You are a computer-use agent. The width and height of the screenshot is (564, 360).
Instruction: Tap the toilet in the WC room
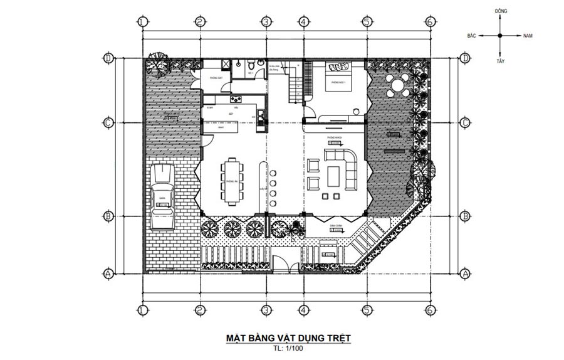coord(250,65)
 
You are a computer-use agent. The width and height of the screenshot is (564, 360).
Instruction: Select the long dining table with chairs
coord(231,181)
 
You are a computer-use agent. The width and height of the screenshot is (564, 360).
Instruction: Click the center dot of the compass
coord(499,36)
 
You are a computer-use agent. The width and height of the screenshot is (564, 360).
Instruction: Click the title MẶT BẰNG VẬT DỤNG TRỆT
coord(288,339)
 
